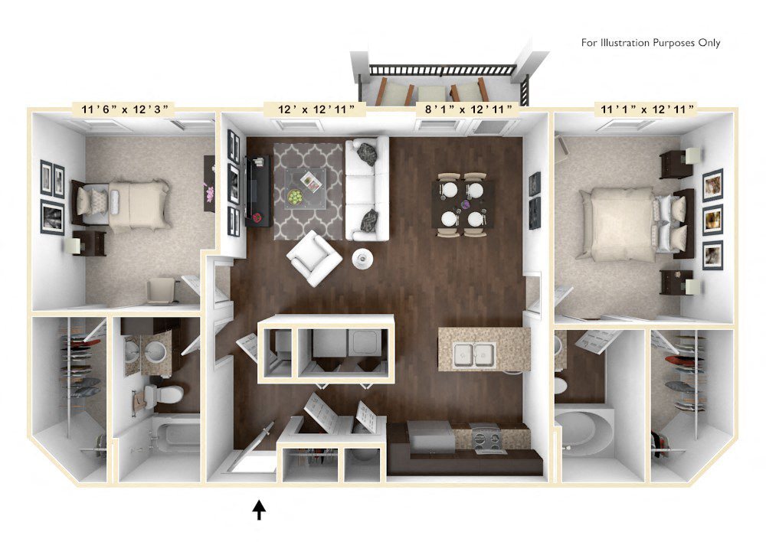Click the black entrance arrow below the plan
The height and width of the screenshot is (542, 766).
[x=259, y=509]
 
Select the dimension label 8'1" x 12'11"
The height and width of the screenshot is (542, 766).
[x=468, y=109]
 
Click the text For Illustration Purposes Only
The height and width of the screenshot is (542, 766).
[x=650, y=43]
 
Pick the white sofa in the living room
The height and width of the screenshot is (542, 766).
[x=366, y=188]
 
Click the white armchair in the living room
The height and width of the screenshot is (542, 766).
[x=315, y=258]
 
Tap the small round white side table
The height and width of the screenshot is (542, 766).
[x=362, y=259]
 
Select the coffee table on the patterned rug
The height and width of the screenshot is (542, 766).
[x=305, y=187]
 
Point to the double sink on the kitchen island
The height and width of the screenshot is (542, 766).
[x=474, y=354]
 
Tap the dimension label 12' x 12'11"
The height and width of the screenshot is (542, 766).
[x=309, y=109]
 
